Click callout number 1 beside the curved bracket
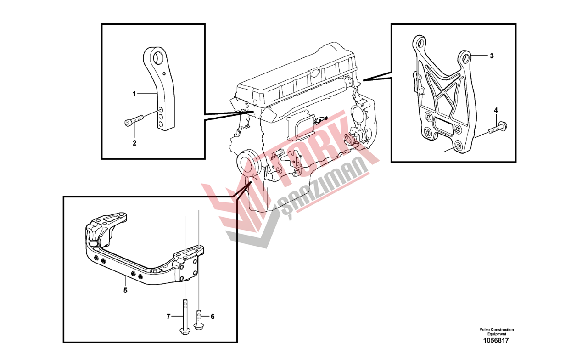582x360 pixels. (134, 94)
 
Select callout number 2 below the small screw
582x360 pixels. (134, 143)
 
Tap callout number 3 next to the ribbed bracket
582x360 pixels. (492, 56)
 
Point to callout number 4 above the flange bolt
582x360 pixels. (496, 110)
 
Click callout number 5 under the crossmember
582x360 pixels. (125, 290)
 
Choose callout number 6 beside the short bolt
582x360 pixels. (213, 316)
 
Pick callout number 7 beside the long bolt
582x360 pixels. (168, 316)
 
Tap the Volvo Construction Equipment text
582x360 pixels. (497, 332)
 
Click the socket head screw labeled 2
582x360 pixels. (134, 120)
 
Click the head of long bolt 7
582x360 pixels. (185, 331)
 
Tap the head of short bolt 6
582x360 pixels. (199, 326)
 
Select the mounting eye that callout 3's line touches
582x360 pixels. (465, 57)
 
